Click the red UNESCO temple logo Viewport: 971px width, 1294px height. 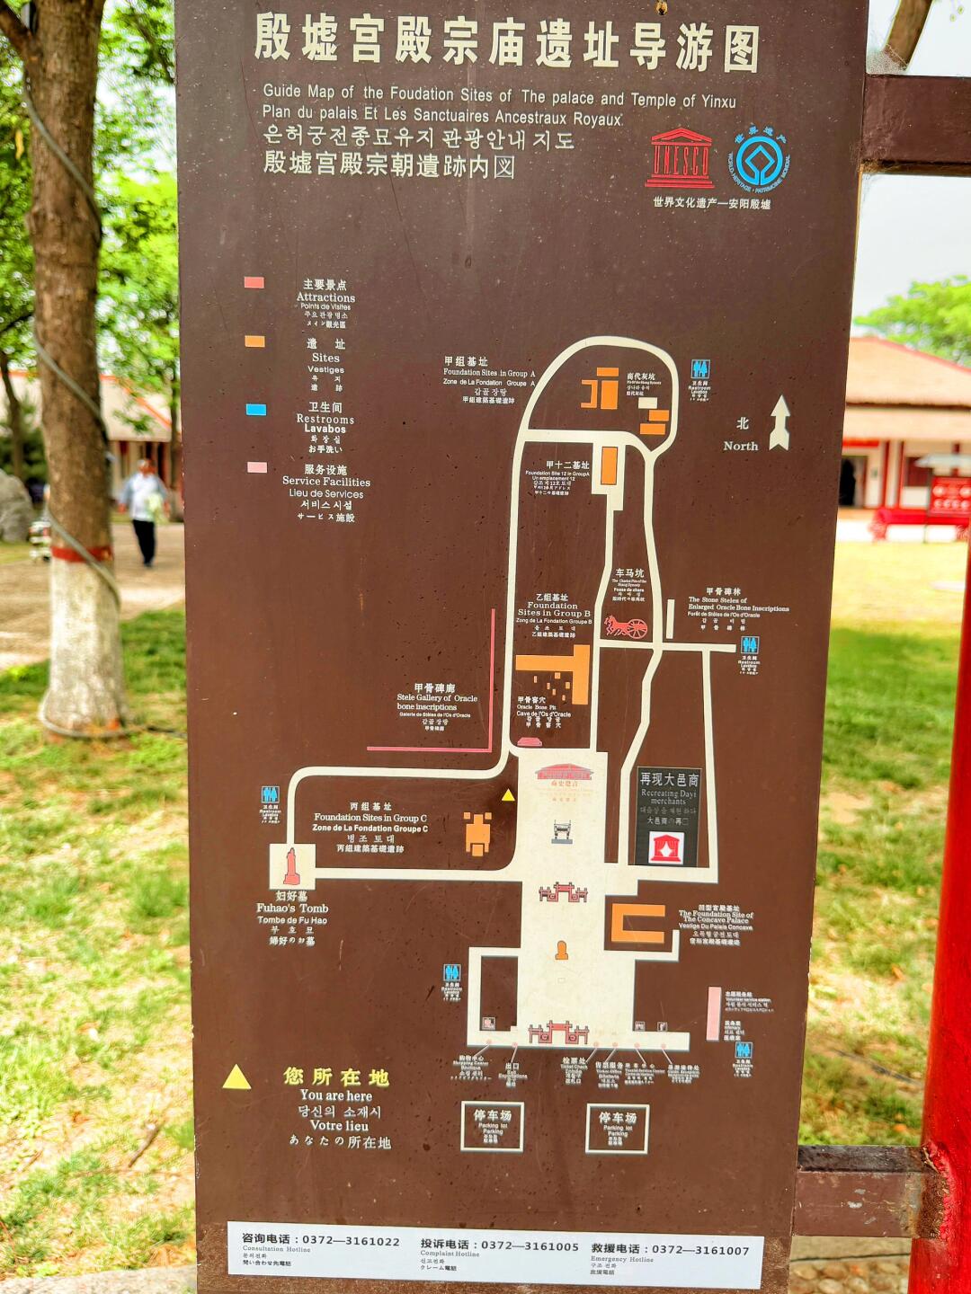pyautogui.click(x=680, y=158)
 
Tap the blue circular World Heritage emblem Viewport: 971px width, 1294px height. pyautogui.click(x=759, y=161)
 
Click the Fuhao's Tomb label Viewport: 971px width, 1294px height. pyautogui.click(x=292, y=908)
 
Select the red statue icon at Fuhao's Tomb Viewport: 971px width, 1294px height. pyautogui.click(x=291, y=866)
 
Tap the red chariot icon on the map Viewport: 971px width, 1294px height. pyautogui.click(x=626, y=626)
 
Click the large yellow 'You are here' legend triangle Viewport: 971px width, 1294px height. pyautogui.click(x=236, y=1077)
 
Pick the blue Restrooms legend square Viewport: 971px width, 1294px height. pyautogui.click(x=255, y=410)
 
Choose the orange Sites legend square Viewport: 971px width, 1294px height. pyautogui.click(x=254, y=341)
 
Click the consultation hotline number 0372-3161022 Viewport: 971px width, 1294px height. pyautogui.click(x=351, y=1240)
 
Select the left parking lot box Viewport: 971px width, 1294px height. pyautogui.click(x=492, y=1126)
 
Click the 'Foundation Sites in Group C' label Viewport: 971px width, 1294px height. pyautogui.click(x=370, y=818)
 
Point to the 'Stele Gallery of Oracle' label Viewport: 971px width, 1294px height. pyautogui.click(x=437, y=698)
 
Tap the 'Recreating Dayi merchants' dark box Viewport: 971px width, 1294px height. pyautogui.click(x=668, y=817)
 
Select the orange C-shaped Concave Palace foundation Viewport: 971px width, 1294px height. pyautogui.click(x=637, y=924)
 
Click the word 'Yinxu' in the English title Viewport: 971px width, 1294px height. pyautogui.click(x=718, y=102)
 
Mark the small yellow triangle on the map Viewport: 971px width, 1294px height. pyautogui.click(x=508, y=794)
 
